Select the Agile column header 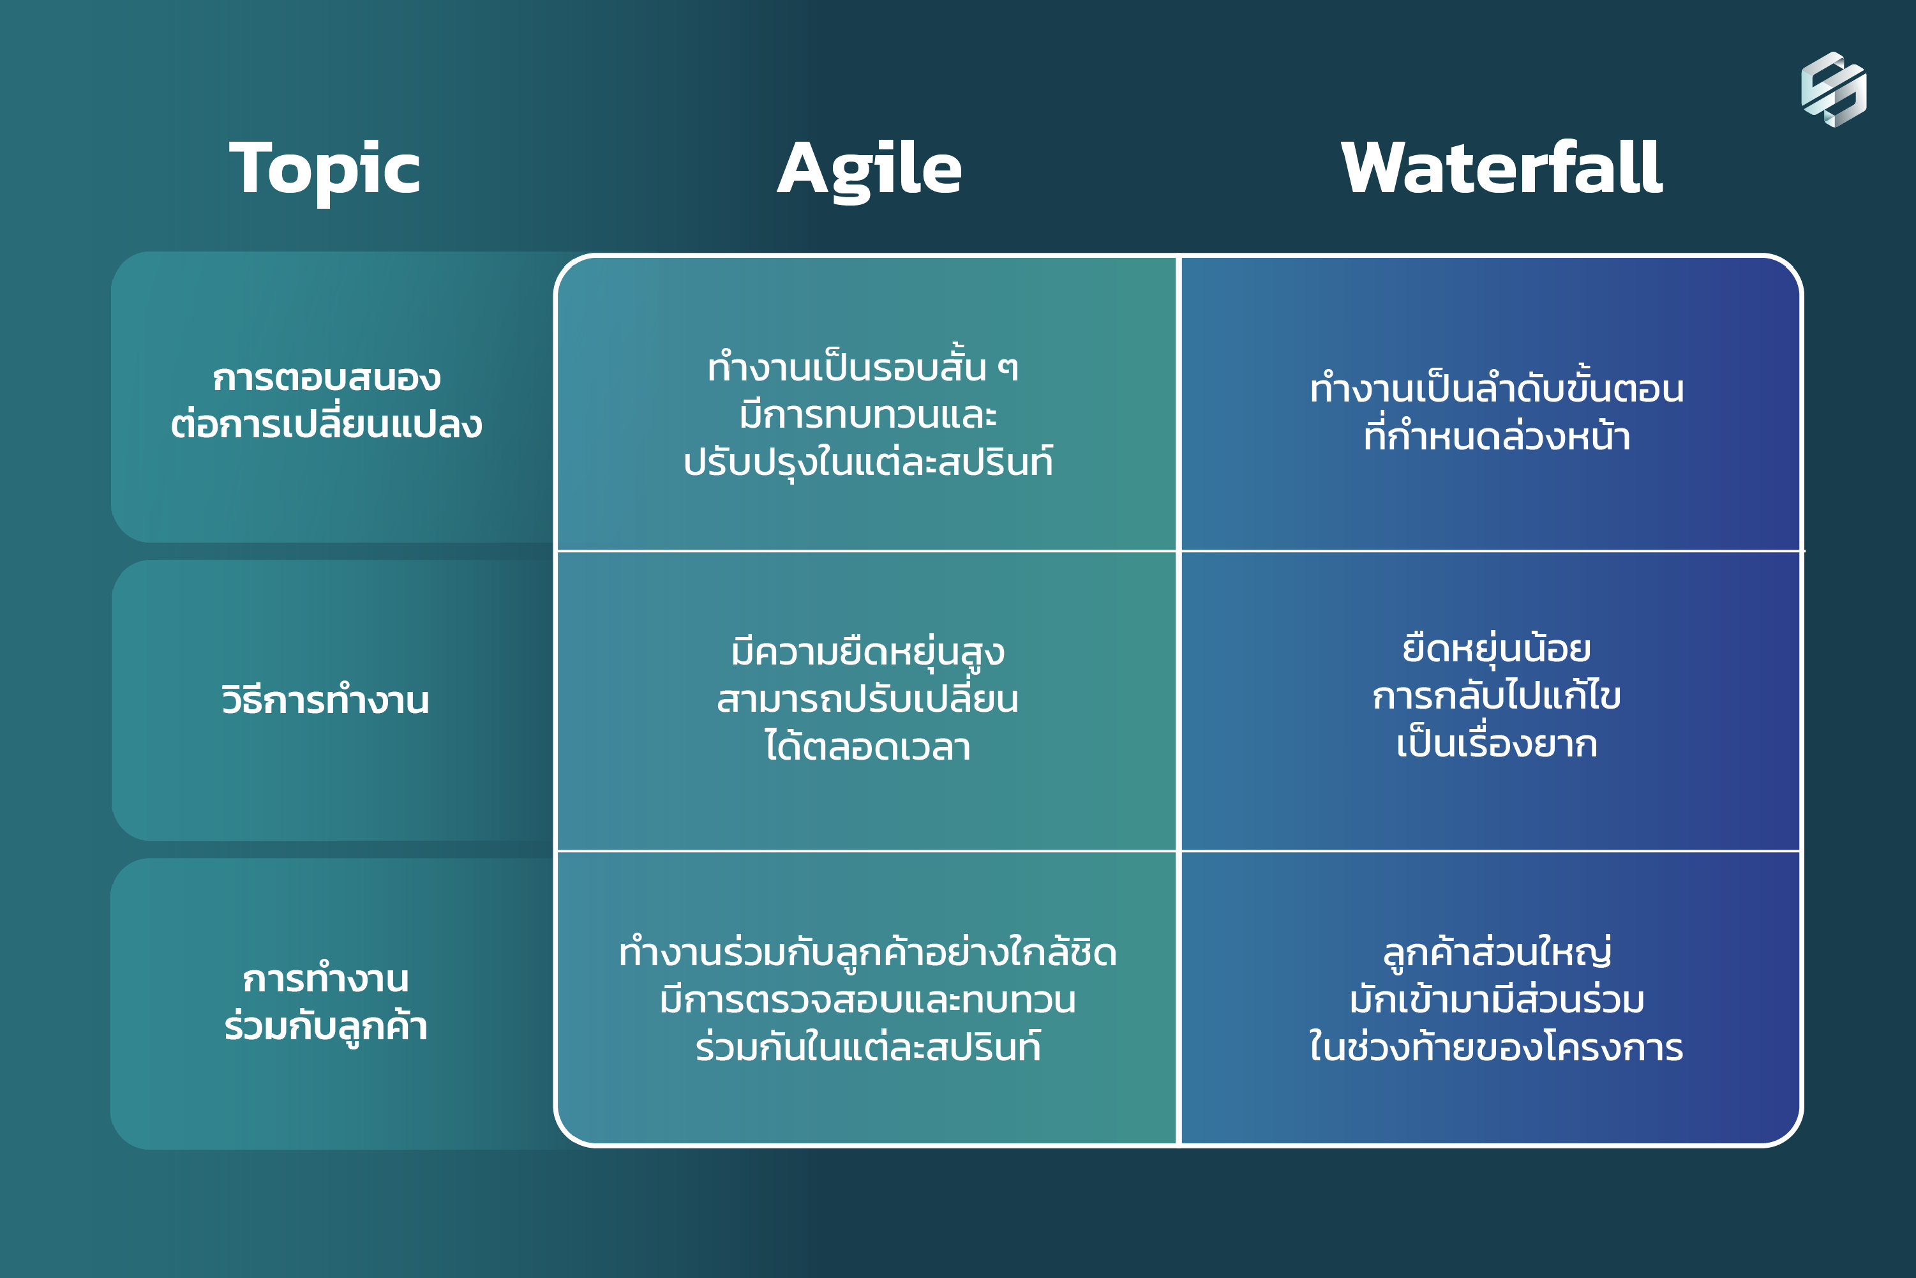(869, 170)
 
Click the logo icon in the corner (1834, 89)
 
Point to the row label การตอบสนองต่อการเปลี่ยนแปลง (326, 401)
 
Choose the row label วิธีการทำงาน (325, 699)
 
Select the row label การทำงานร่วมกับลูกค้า (326, 1002)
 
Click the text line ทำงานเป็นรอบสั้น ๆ (863, 367)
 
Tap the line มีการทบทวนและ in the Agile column (868, 415)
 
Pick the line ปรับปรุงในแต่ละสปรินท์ (868, 462)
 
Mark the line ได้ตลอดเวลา (868, 746)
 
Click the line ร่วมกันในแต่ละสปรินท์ (868, 1046)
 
